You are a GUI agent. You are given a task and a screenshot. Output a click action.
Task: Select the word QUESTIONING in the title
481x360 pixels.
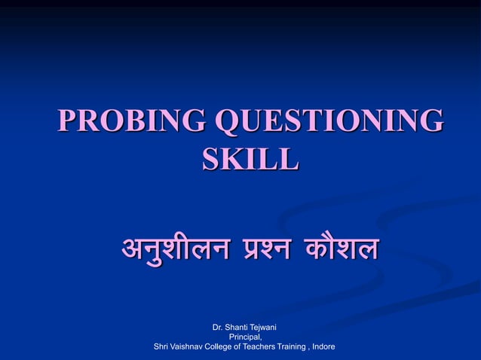coord(330,122)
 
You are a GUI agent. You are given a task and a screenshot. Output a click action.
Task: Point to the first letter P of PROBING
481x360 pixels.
coord(69,122)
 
